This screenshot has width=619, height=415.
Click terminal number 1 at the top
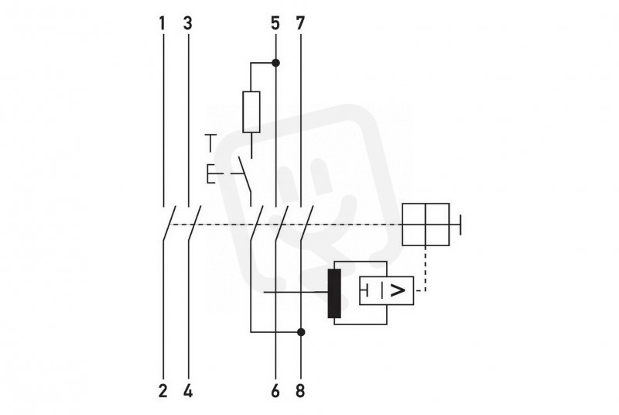coord(162,23)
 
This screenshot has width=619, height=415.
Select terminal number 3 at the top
coord(188,23)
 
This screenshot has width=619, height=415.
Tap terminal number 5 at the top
coord(275,23)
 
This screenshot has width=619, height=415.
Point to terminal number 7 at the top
coord(300,23)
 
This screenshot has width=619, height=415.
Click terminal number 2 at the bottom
coord(163,391)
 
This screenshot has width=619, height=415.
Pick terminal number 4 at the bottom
coord(188,391)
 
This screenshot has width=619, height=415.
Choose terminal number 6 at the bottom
coord(275,391)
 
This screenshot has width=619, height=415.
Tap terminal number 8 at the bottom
coord(300,391)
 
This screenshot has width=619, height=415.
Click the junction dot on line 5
coord(276,63)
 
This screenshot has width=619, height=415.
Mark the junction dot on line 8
coord(301,332)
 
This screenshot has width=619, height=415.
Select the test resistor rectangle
coord(251,112)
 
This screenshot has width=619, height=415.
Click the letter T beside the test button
coord(211,143)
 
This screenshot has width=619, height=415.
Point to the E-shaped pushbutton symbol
coord(210,173)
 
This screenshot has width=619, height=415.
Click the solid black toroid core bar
coord(334,293)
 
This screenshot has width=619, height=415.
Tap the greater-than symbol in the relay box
coord(398,291)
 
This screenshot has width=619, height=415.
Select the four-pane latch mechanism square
coord(426,225)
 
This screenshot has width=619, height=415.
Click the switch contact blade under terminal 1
coord(169,223)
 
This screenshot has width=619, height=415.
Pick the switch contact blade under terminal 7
coord(307,223)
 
